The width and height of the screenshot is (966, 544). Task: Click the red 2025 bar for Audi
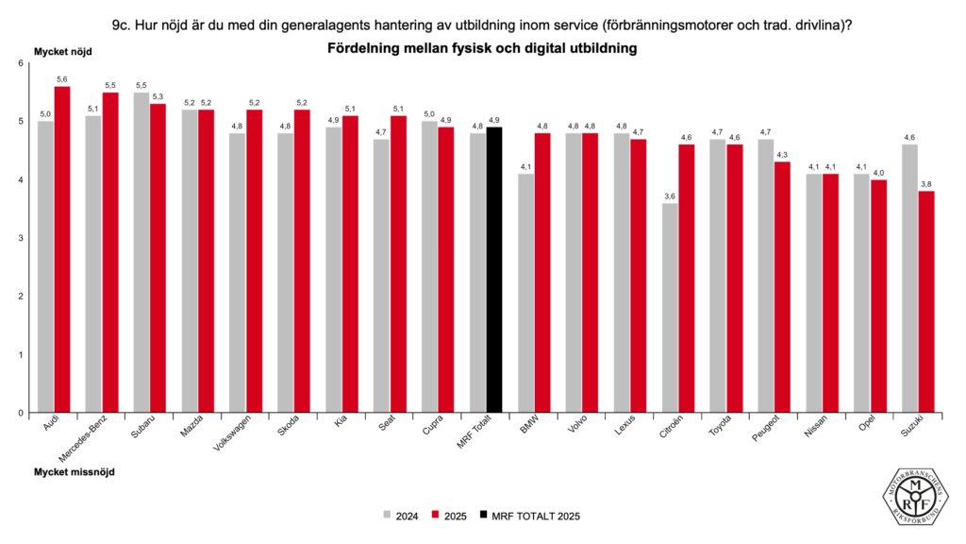[62, 249]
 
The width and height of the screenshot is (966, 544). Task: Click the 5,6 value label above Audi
[62, 79]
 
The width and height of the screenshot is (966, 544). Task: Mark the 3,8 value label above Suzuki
[926, 184]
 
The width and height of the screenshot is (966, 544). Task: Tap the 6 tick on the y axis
[21, 63]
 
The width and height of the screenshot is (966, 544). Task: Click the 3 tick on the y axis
[21, 238]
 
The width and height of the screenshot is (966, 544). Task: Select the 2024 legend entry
[401, 516]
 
